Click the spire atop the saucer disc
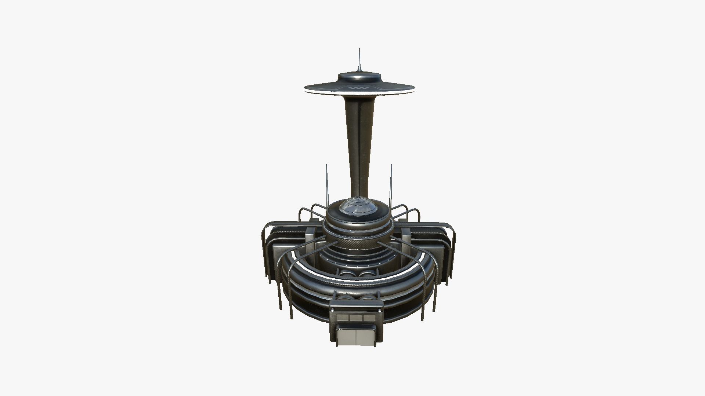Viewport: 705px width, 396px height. tap(359, 60)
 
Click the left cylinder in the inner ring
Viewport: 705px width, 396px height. tap(347, 274)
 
